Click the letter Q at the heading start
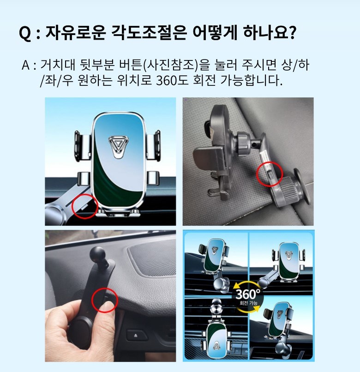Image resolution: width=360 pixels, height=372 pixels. (25, 33)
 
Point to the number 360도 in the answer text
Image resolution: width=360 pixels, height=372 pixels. (172, 80)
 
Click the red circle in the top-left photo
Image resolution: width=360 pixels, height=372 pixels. (85, 206)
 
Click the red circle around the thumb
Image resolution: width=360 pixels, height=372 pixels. (105, 300)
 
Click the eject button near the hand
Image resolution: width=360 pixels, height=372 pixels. (136, 336)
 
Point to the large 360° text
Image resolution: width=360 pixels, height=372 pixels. (248, 294)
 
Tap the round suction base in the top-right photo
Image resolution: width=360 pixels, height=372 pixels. (302, 186)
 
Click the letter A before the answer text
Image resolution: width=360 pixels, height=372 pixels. (26, 65)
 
